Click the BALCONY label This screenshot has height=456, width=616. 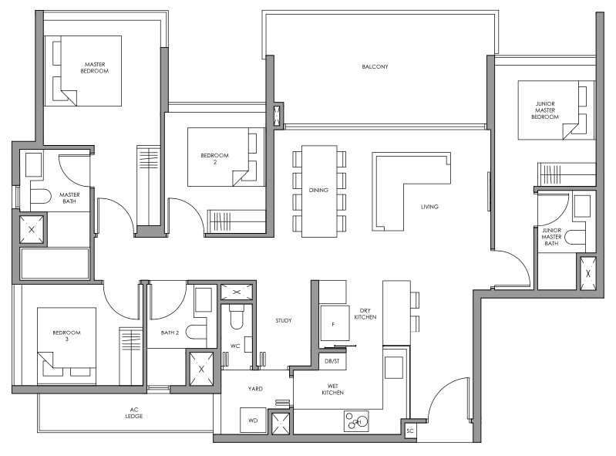click(375, 67)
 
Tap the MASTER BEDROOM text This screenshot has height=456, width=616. click(95, 67)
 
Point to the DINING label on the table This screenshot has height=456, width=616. click(318, 190)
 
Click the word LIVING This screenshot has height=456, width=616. click(430, 207)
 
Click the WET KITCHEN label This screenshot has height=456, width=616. click(332, 390)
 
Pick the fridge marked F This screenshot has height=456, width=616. click(333, 325)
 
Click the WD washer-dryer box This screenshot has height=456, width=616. click(252, 421)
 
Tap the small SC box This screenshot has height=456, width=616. click(409, 430)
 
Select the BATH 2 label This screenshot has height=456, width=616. click(170, 333)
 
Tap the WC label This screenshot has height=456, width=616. click(235, 346)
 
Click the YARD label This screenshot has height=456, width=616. click(255, 389)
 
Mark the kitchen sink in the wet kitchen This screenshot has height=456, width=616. click(356, 421)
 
